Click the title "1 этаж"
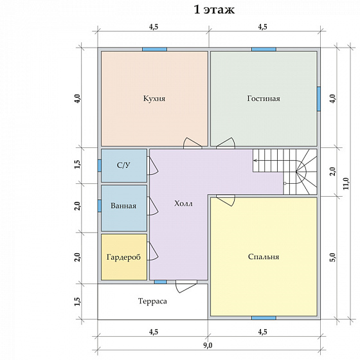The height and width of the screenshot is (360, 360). pos(214,10)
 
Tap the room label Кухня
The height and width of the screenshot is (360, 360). pos(154,98)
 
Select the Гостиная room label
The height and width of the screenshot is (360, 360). pos(264,98)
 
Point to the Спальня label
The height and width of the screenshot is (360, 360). pos(264,256)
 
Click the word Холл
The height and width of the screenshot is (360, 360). pos(183,203)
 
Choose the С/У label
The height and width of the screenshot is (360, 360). pos(123,165)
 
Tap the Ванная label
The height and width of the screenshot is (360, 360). pos(123,206)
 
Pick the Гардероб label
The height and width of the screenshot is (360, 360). pos(123,257)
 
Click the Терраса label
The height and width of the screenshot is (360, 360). pos(152,301)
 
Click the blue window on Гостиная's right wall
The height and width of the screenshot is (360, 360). pos(319,99)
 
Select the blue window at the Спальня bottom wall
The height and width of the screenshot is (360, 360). pos(264,318)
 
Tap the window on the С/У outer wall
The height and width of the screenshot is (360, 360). pos(100,166)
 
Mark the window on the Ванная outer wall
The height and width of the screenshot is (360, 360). pos(100,206)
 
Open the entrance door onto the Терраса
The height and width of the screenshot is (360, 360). pos(186,286)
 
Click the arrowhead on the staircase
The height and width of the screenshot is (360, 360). pos(255,161)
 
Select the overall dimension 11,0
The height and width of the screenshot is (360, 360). pos(346,183)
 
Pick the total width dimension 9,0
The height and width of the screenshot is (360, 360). pos(208,345)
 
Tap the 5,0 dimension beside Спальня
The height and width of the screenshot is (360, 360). pos(333,257)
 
